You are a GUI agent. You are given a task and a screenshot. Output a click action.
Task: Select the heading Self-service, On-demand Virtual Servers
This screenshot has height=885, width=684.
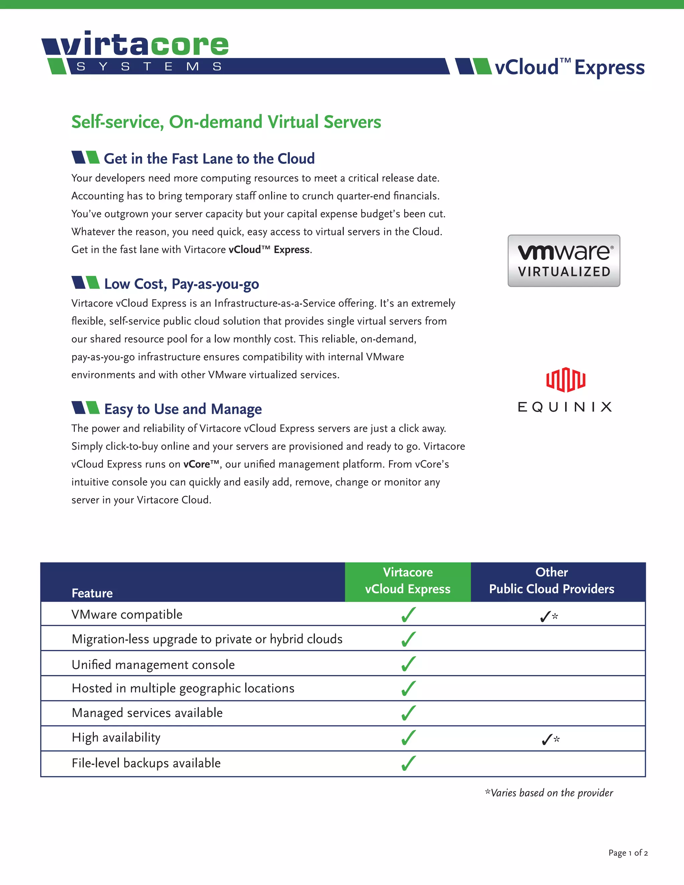pyautogui.click(x=226, y=122)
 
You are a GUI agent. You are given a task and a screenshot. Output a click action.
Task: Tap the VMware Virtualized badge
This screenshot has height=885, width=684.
pyautogui.click(x=564, y=260)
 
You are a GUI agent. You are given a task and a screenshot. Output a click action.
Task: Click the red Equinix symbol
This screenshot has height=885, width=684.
pyautogui.click(x=565, y=380)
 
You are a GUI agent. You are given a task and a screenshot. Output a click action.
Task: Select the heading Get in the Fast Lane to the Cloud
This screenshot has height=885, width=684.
pyautogui.click(x=209, y=158)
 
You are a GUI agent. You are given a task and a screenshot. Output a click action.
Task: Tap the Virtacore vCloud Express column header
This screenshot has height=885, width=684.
pyautogui.click(x=408, y=581)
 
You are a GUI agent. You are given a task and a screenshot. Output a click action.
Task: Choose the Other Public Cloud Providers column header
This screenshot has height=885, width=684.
pyautogui.click(x=551, y=581)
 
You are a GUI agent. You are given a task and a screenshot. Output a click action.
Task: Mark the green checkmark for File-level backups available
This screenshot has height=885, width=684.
pyautogui.click(x=408, y=763)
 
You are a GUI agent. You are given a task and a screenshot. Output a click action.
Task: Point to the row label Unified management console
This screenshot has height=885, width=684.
pyautogui.click(x=153, y=665)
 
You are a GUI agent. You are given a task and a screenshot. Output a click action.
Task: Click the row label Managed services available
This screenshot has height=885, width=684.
pyautogui.click(x=147, y=713)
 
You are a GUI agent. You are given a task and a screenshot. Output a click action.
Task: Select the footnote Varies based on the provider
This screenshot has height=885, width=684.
pyautogui.click(x=549, y=793)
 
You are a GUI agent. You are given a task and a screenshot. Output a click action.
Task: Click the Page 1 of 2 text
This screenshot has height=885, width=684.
pyautogui.click(x=628, y=853)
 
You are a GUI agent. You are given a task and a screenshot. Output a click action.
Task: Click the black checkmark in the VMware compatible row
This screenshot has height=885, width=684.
pyautogui.click(x=545, y=617)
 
